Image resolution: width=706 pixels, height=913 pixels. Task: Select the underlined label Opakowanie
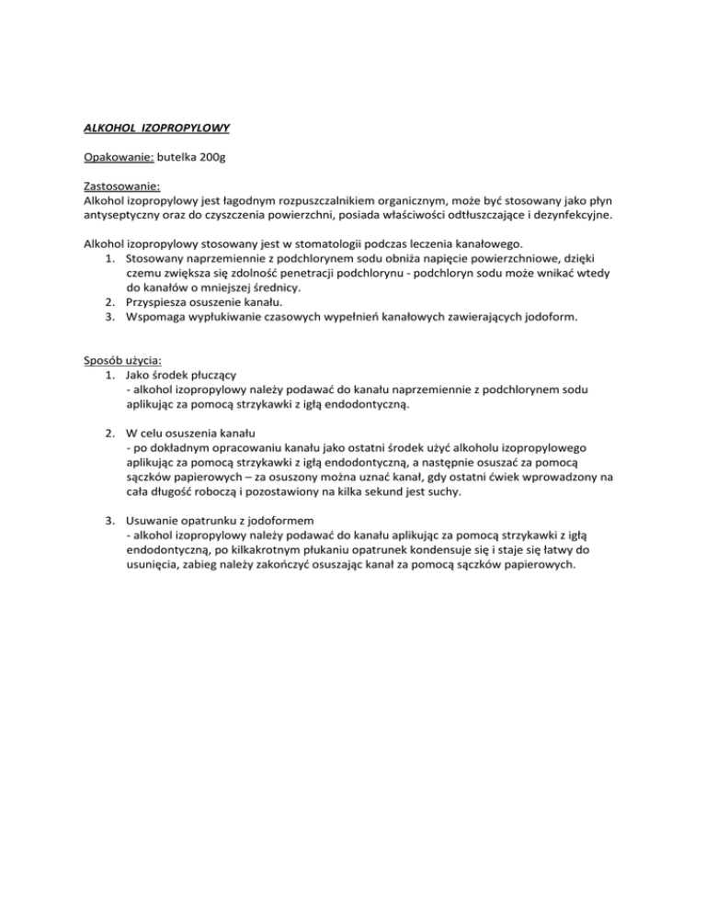click(112, 158)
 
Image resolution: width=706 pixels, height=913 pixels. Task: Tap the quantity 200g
click(210, 158)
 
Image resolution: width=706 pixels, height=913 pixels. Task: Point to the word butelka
click(173, 158)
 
